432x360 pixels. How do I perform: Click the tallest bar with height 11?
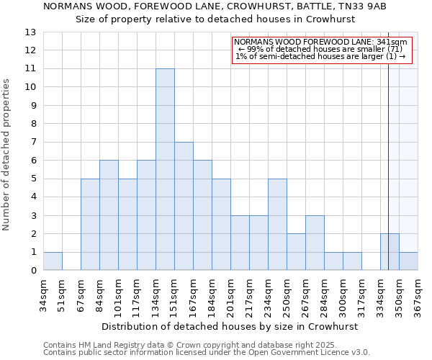click(x=165, y=169)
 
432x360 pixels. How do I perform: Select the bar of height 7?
click(x=184, y=206)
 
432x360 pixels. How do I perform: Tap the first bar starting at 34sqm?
click(x=53, y=261)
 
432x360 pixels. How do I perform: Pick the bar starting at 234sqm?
click(x=277, y=225)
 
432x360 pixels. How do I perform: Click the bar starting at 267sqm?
click(x=315, y=243)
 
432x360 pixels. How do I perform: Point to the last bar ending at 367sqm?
click(x=408, y=261)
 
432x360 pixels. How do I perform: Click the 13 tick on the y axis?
click(x=31, y=32)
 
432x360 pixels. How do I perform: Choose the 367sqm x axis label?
click(x=418, y=293)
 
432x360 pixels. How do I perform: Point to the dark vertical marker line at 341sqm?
click(x=388, y=144)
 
